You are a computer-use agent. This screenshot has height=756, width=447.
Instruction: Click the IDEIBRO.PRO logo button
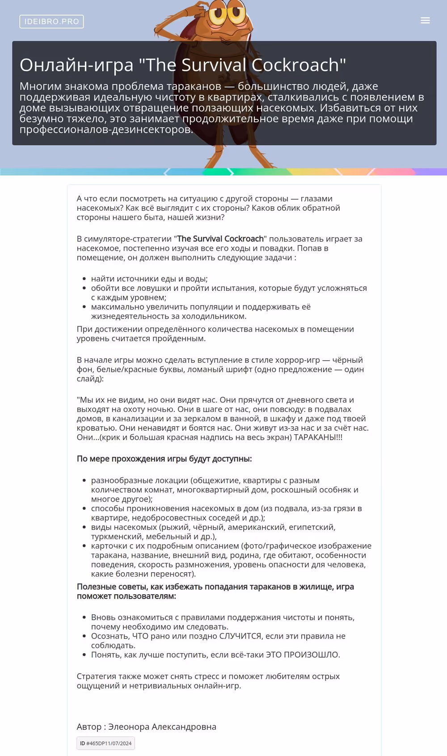tap(51, 21)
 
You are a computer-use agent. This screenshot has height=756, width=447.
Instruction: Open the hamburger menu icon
tap(425, 21)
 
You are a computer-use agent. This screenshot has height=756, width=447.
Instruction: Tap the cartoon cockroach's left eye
tap(219, 13)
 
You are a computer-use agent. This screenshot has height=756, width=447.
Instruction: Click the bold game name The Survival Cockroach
tap(220, 239)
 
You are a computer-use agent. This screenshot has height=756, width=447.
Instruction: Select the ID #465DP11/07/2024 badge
tap(105, 743)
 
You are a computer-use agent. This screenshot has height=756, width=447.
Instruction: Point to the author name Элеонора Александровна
tap(162, 727)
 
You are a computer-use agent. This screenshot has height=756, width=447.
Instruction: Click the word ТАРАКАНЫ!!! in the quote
tap(318, 437)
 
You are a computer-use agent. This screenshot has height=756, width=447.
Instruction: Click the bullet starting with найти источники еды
tap(149, 278)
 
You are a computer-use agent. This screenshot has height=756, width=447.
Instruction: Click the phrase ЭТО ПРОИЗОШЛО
tap(303, 655)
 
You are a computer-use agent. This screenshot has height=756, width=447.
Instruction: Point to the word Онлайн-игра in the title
tap(76, 65)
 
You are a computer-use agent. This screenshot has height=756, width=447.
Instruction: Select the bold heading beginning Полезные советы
tap(215, 591)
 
